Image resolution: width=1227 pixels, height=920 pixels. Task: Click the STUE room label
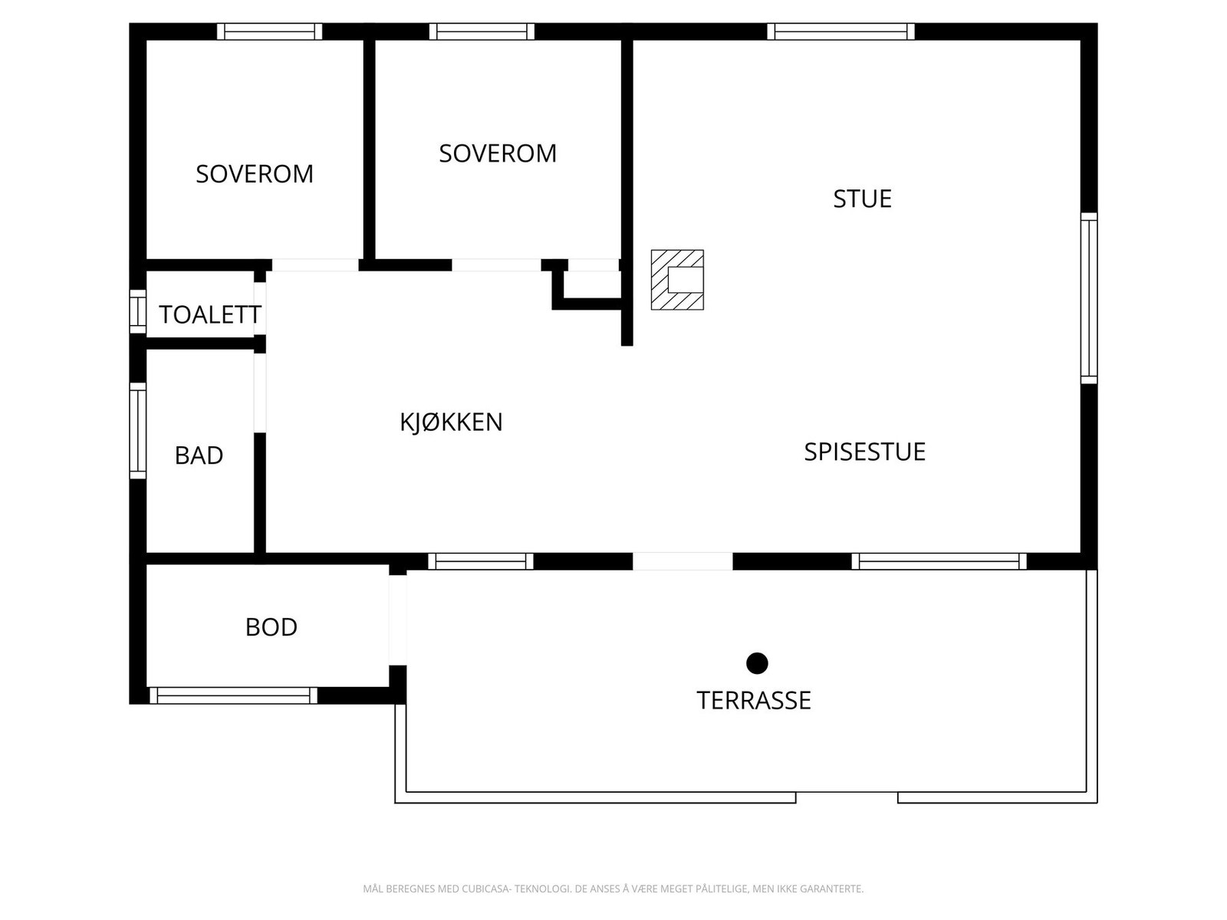[862, 199]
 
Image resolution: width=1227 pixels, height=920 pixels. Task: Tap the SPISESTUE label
[864, 452]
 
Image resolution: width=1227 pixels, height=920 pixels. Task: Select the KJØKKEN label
[451, 422]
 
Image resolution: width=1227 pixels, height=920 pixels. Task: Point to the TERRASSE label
[753, 701]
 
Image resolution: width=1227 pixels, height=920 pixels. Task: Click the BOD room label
[271, 628]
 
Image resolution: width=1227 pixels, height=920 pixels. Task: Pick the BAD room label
[199, 456]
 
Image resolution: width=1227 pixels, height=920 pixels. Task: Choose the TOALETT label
[209, 315]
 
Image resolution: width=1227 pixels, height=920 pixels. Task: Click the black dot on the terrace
[757, 663]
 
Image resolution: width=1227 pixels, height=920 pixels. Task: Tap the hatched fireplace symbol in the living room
[677, 280]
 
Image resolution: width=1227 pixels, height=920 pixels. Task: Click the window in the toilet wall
[137, 311]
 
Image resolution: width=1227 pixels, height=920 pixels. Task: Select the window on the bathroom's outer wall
[137, 430]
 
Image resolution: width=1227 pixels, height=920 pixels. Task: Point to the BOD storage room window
[232, 695]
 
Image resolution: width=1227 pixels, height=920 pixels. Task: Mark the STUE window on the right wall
[1089, 297]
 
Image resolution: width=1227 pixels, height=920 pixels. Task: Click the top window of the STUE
[840, 31]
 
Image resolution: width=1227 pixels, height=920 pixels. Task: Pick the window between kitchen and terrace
[480, 561]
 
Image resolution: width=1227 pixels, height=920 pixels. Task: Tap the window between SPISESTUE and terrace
[939, 561]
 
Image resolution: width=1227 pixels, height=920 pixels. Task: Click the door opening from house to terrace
[683, 561]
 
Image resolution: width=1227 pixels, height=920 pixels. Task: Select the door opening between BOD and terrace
[397, 619]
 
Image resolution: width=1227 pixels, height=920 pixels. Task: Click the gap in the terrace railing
[847, 797]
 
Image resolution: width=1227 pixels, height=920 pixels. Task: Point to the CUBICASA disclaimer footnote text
[613, 889]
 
